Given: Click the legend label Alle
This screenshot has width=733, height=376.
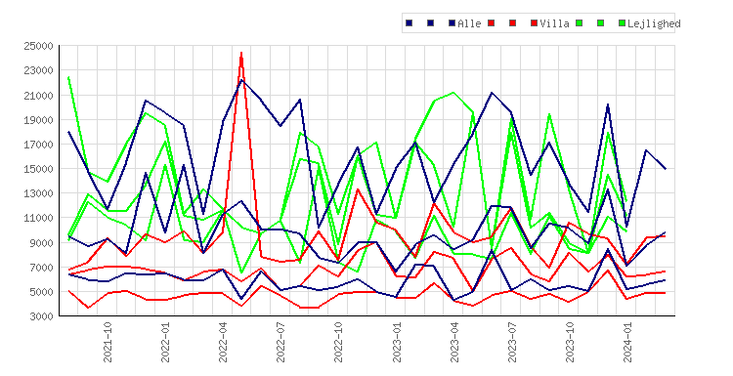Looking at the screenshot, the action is tap(469, 23).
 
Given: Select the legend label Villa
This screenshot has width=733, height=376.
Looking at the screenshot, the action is tap(554, 23).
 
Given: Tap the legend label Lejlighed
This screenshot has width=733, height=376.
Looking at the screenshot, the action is tap(654, 23).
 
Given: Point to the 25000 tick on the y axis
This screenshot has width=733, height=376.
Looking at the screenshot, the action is tap(38, 46).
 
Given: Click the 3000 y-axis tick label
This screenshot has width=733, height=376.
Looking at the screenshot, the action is tap(41, 316).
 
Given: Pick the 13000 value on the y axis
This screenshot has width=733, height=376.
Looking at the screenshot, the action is tap(38, 193).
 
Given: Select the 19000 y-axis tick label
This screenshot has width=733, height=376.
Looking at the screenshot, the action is tap(38, 119).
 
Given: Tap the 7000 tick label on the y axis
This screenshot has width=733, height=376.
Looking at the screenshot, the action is tap(41, 268).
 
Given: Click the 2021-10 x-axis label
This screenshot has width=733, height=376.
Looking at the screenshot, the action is tap(108, 342).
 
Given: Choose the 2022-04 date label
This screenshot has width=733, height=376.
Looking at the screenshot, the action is tap(223, 342).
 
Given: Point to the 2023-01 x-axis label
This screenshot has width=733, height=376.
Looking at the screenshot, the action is tap(397, 342).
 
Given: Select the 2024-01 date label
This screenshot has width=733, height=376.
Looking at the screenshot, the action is tap(627, 342).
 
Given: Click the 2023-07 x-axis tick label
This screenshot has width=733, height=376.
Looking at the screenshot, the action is tap(512, 342).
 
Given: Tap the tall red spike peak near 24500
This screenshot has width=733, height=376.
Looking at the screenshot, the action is tap(241, 53).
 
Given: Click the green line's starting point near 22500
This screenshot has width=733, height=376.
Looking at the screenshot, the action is tap(68, 77).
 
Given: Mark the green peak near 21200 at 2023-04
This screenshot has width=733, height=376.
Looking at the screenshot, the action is tap(453, 93).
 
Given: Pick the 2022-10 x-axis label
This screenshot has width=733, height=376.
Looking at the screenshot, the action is tap(338, 342).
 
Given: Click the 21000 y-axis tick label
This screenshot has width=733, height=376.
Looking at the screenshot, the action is tap(38, 96).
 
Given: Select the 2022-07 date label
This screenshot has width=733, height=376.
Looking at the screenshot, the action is tap(280, 342).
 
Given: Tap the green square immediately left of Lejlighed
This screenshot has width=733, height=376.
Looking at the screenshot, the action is tap(622, 22).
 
